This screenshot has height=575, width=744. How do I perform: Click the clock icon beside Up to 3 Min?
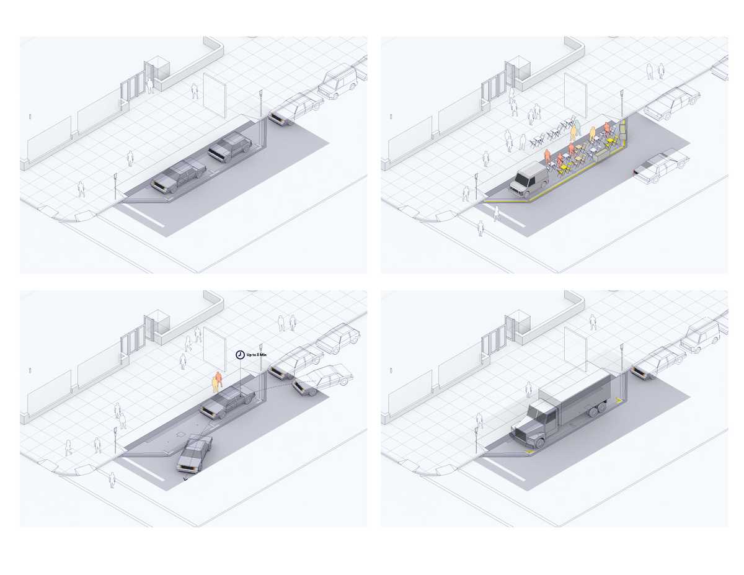tap(240, 354)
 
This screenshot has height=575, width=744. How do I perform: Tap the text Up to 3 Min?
tap(257, 355)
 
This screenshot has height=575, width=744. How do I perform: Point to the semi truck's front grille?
tap(522, 432)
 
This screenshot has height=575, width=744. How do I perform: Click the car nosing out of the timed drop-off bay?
tap(194, 454)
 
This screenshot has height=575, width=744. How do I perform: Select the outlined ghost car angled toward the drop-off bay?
tap(322, 380)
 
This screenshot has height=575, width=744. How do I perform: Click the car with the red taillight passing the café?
tap(661, 167)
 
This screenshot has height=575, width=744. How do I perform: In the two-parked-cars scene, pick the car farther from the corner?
tap(229, 148)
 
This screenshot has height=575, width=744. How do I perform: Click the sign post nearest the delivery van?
tap(476, 184)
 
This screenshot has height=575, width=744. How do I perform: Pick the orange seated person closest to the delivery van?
tap(547, 157)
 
